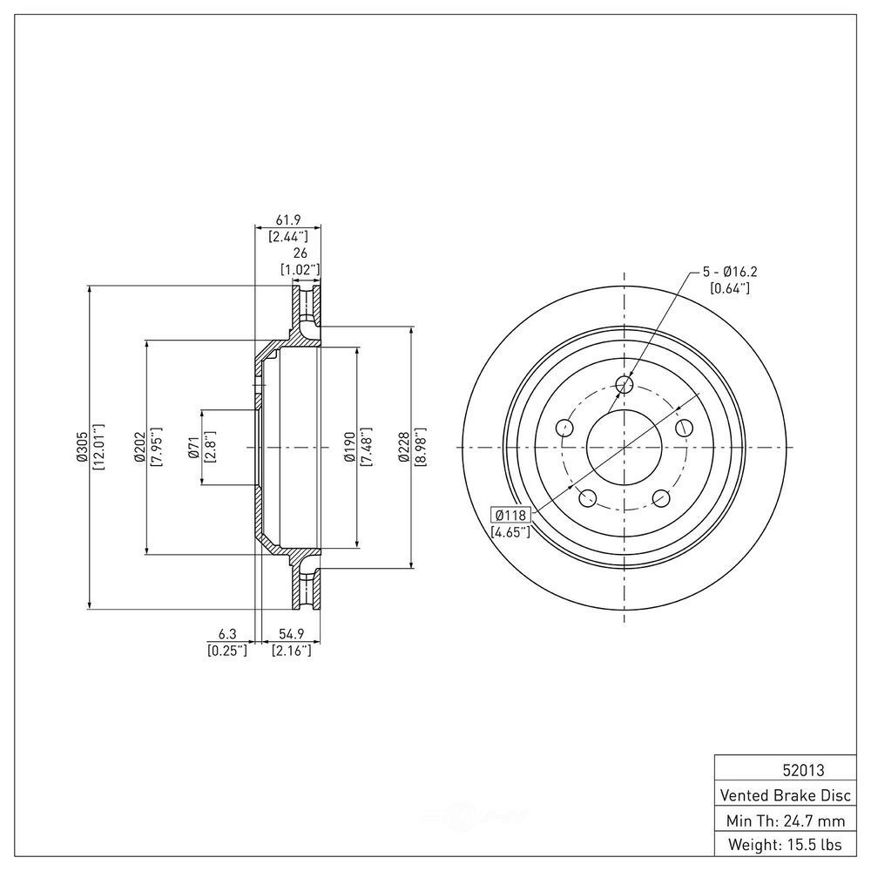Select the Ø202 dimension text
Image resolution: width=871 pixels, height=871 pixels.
(138, 447)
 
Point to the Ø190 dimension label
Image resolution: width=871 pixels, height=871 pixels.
(348, 447)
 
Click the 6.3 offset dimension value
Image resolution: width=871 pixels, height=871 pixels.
(227, 634)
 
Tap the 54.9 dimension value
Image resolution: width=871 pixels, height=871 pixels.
(291, 634)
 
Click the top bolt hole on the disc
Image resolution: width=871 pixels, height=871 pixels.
(625, 384)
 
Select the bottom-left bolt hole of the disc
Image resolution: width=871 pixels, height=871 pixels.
(588, 498)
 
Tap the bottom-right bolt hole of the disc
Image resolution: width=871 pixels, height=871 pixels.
(661, 498)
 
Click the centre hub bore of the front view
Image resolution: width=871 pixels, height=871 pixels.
(625, 447)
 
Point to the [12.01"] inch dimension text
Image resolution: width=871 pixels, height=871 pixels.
(98, 447)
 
